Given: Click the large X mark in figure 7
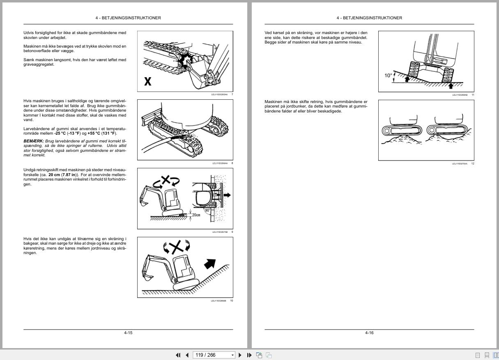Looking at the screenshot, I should click(x=147, y=81).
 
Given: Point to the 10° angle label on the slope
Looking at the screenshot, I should click(x=388, y=76).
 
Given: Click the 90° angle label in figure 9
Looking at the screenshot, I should click(x=207, y=210).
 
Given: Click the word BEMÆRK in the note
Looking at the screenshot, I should click(x=33, y=141).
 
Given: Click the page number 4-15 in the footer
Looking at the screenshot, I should click(x=128, y=332).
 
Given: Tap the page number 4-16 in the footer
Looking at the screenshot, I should click(x=369, y=332).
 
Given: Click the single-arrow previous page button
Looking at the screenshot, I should click(x=187, y=355).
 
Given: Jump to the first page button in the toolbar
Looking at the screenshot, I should click(x=178, y=355).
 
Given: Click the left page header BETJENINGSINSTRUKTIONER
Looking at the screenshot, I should click(x=128, y=18).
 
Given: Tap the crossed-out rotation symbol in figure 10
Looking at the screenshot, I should click(x=177, y=247).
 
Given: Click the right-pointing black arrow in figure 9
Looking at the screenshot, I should click(x=227, y=195).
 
